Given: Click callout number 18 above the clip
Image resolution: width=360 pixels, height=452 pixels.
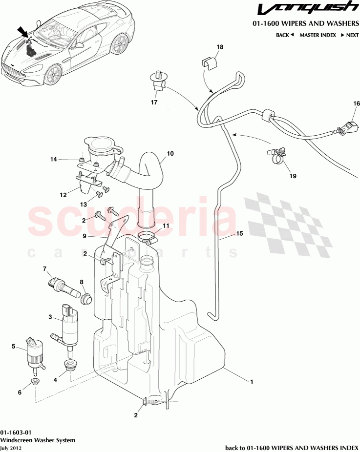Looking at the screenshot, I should pos(220,47).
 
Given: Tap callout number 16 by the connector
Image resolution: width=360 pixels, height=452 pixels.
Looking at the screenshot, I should pos(356,103).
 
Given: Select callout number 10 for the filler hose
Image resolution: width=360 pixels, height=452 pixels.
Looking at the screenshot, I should pos(170,153).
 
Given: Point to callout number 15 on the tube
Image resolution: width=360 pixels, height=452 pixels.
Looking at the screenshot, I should pos(239,234).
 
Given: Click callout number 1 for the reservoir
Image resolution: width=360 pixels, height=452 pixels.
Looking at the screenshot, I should pos(252,382).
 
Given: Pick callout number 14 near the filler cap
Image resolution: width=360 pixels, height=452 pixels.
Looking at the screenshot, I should pos(54,159).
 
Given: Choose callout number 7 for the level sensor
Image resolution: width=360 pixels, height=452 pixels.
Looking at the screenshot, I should pos(44,268).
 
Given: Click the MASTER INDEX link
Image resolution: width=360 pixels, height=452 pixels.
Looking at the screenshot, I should pos(318,35).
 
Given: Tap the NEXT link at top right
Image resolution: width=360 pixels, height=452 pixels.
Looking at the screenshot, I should pos(349,35).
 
